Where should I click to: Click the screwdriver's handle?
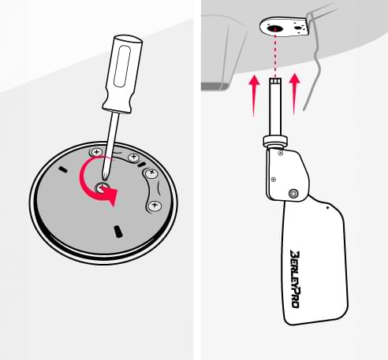tap(123, 73)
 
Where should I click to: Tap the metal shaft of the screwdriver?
tap(110, 146)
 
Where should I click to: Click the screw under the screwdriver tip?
tap(103, 187)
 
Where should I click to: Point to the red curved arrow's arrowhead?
tap(111, 196)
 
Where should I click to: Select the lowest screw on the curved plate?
tap(155, 205)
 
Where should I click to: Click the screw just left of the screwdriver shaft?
tap(97, 151)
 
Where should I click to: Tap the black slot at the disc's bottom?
tap(118, 232)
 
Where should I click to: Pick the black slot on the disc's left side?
tap(63, 170)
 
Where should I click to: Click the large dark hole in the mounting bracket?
tap(275, 28)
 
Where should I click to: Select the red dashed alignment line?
tap(275, 54)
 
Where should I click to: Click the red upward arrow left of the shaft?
tap(254, 95)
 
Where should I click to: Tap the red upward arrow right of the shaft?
tap(294, 94)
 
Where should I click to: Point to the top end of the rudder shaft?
tap(275, 79)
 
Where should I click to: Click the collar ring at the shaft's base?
tap(275, 141)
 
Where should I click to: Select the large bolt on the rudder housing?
tap(293, 194)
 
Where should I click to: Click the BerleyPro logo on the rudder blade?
tap(296, 279)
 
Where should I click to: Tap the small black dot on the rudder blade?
tap(327, 207)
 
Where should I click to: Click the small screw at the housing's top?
tap(281, 153)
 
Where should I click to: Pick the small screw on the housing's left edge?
tap(274, 180)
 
